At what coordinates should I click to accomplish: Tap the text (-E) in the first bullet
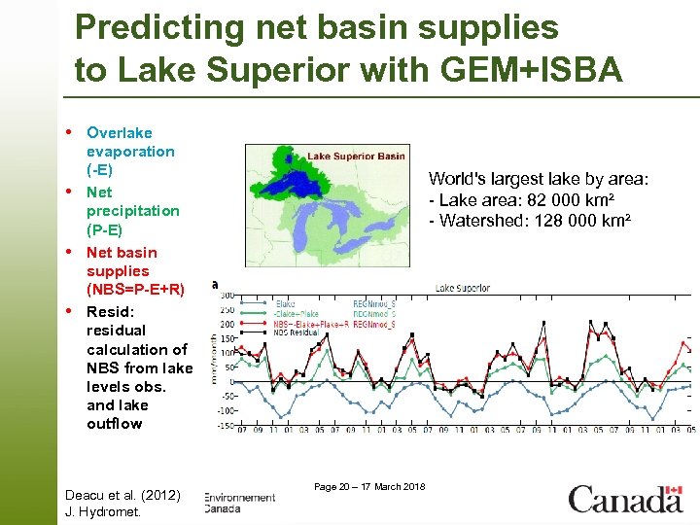(x=100, y=170)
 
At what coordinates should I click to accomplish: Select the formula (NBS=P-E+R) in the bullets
(x=135, y=290)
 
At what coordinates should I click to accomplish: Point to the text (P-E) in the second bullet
(x=104, y=229)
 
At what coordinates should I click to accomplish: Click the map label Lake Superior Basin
(x=356, y=156)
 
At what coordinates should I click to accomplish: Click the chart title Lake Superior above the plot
(x=462, y=288)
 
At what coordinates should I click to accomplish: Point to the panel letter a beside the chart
(x=215, y=284)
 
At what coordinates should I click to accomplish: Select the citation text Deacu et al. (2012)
(x=122, y=495)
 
